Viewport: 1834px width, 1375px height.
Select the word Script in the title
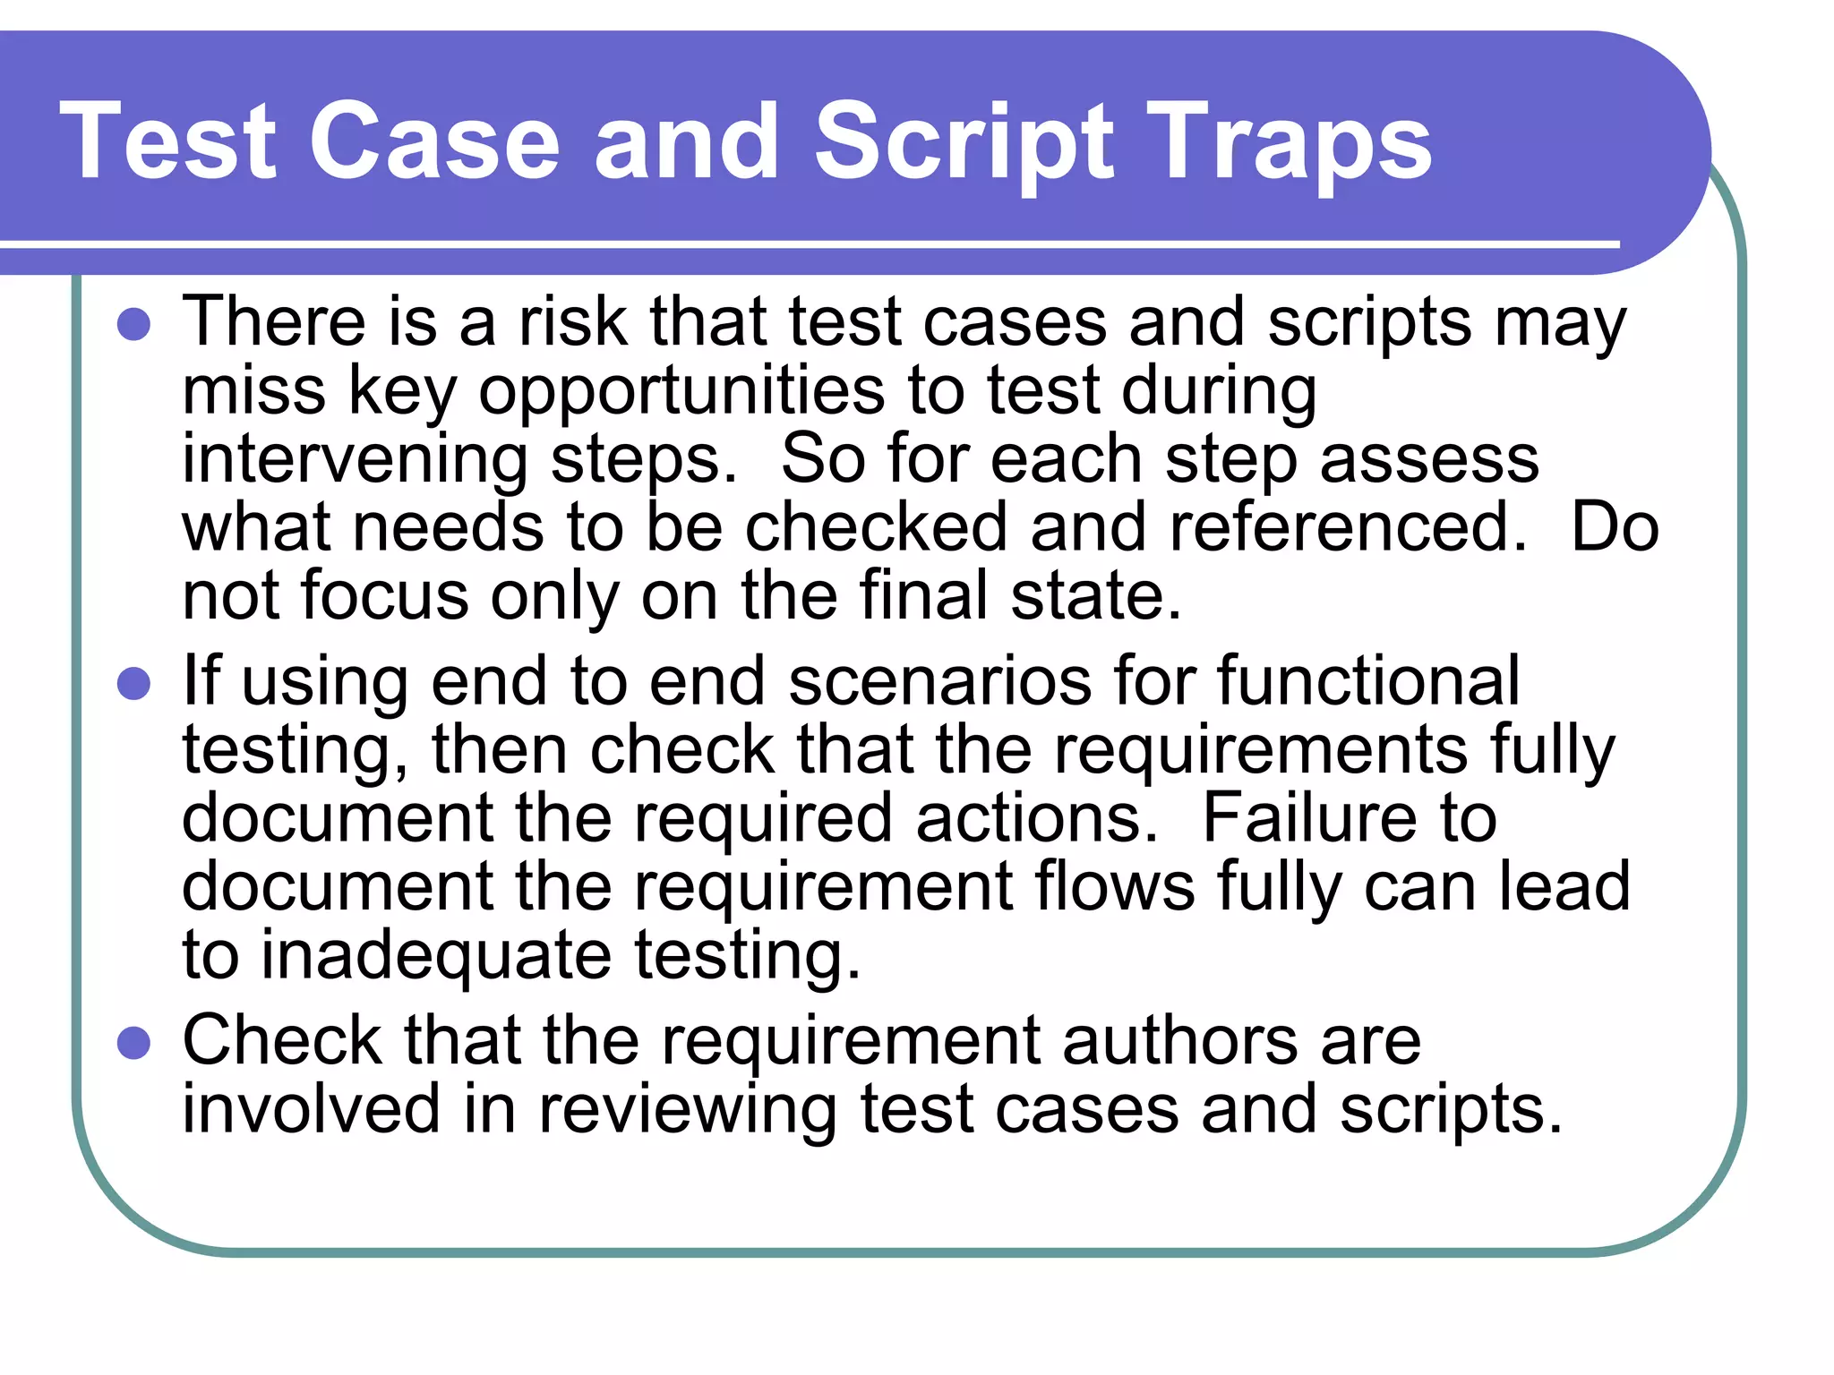click(x=964, y=143)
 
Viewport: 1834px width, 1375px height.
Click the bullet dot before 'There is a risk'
click(x=133, y=324)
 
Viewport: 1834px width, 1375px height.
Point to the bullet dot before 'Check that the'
click(x=133, y=1043)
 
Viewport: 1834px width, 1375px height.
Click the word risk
click(x=573, y=322)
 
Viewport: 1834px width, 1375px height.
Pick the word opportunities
click(x=681, y=392)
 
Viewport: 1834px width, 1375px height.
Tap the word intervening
click(x=356, y=459)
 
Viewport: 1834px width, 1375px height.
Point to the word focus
click(x=385, y=595)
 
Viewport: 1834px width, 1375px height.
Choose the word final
click(x=923, y=595)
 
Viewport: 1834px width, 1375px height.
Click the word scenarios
click(x=940, y=681)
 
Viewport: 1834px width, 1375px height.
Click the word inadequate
click(x=437, y=955)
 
